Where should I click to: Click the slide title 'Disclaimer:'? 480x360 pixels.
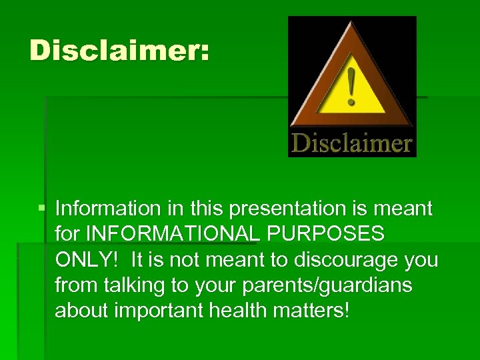pyautogui.click(x=119, y=51)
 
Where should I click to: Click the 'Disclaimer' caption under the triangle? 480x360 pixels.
pyautogui.click(x=351, y=143)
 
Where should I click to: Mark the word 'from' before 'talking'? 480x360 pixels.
pyautogui.click(x=74, y=285)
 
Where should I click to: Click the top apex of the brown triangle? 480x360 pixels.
pyautogui.click(x=351, y=22)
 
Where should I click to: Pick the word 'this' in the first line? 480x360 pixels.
pyautogui.click(x=206, y=209)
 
